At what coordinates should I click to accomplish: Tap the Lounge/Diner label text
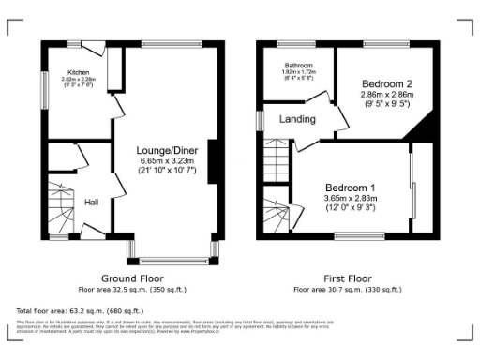(x=167, y=149)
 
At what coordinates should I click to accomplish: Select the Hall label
(x=92, y=202)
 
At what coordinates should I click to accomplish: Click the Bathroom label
(x=299, y=66)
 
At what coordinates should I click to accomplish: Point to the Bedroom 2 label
(x=387, y=83)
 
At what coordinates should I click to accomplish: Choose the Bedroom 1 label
(x=351, y=187)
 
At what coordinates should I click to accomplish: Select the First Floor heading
(x=346, y=279)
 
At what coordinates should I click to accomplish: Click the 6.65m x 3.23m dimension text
(x=167, y=160)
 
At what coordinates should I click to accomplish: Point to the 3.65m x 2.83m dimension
(x=351, y=198)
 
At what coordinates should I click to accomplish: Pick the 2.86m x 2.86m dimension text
(x=387, y=96)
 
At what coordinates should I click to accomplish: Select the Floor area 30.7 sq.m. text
(x=346, y=290)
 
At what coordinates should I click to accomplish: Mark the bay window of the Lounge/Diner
(x=174, y=254)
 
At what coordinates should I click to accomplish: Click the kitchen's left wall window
(x=44, y=92)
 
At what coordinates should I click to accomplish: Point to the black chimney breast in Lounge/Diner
(x=214, y=160)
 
